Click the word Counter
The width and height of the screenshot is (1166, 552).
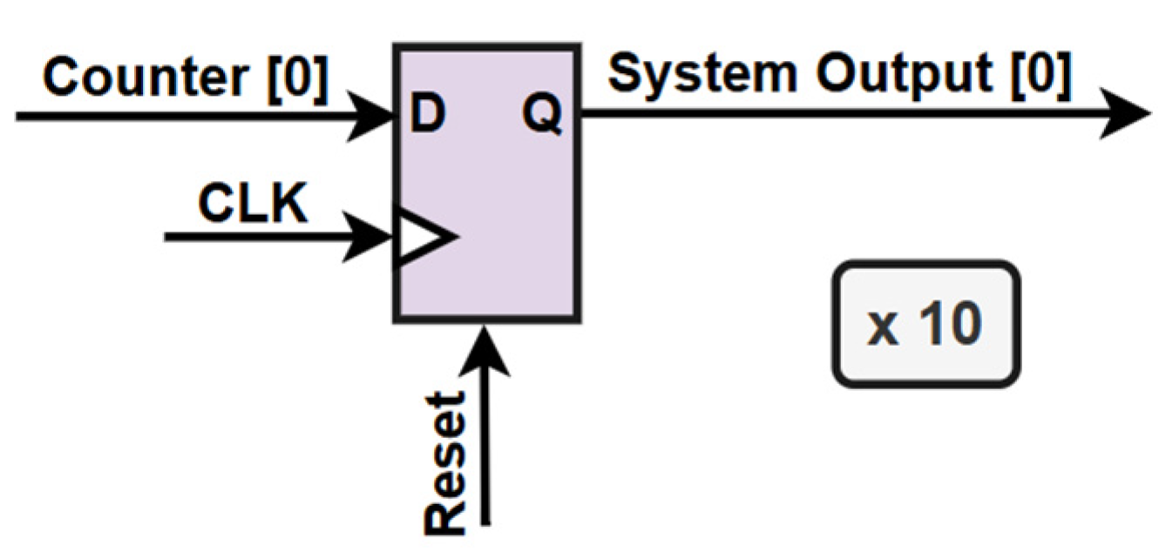point(146,77)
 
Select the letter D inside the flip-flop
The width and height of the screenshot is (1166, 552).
point(427,113)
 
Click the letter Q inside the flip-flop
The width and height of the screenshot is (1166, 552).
point(542,114)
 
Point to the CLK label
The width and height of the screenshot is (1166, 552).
point(253,203)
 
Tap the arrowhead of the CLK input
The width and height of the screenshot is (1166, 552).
point(368,237)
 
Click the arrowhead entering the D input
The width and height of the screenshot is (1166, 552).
point(370,116)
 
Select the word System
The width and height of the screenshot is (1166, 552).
point(702,75)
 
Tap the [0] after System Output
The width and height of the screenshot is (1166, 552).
point(1041,76)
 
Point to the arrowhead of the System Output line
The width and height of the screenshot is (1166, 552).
point(1125,113)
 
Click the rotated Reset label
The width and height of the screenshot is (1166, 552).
point(445,463)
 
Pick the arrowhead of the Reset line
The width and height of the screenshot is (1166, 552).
point(485,351)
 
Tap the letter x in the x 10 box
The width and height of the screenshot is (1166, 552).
point(882,330)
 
